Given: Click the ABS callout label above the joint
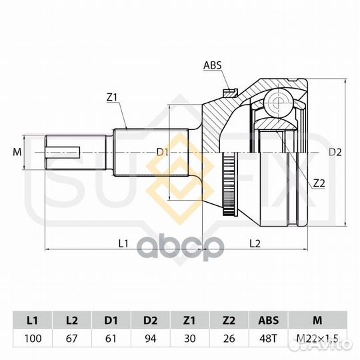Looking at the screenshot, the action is tap(213, 65).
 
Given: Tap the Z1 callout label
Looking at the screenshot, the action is tap(112, 97).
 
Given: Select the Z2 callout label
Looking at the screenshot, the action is tap(319, 177).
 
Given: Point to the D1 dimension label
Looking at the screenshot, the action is tap(163, 152).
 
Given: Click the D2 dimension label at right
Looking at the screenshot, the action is tap(335, 152).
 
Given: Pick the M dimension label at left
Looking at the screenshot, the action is tap(17, 152).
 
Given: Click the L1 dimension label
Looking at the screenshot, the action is tap(123, 243).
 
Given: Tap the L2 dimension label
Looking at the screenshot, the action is tap(255, 243).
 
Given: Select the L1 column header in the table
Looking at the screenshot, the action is tap(33, 320).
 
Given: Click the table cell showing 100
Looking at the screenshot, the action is tap(33, 338).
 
